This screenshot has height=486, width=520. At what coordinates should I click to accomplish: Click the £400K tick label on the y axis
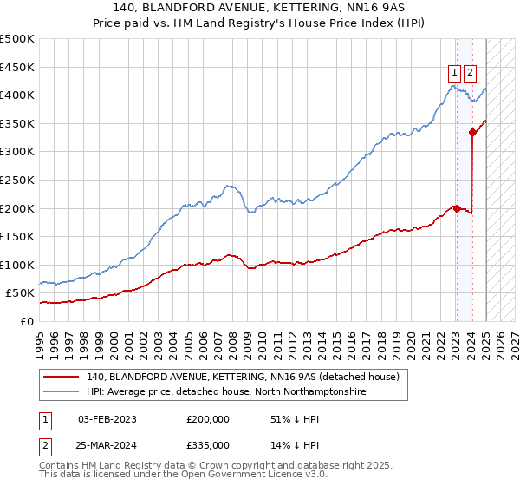(x=17, y=95)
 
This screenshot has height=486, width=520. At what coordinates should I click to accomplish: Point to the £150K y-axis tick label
(x=17, y=236)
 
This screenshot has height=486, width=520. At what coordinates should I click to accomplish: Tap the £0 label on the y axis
(x=27, y=321)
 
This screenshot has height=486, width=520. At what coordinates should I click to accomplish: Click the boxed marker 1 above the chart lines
(x=454, y=74)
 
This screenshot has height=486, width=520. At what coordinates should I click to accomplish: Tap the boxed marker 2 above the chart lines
(x=471, y=74)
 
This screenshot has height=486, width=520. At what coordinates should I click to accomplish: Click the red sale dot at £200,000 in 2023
(x=457, y=208)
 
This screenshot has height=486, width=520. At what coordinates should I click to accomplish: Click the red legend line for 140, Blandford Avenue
(x=61, y=377)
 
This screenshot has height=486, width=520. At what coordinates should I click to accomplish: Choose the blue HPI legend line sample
(x=61, y=392)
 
